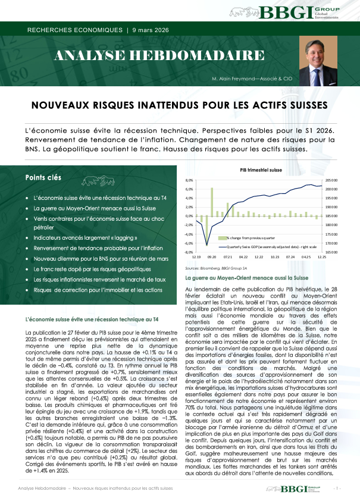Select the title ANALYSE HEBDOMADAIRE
click(159, 57)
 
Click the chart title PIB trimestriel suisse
click(261, 170)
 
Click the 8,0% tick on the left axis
click(190, 180)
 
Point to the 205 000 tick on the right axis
click(331, 180)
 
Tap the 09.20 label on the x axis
click(212, 257)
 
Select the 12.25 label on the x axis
click(321, 257)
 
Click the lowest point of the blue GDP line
click(207, 245)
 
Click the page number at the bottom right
click(337, 488)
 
